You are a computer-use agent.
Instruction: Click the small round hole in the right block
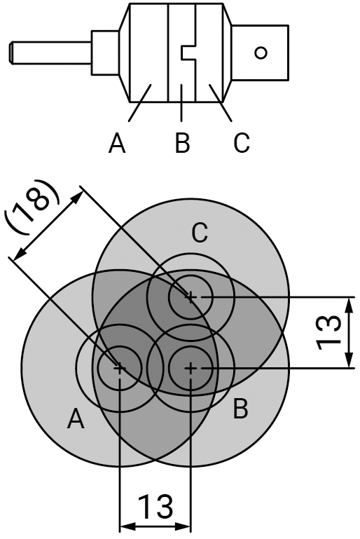(261, 53)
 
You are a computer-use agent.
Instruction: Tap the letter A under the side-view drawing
(117, 143)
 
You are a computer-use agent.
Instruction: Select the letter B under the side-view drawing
(182, 143)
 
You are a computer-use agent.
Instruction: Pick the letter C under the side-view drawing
(241, 143)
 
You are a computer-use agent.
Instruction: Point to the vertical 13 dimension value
(328, 333)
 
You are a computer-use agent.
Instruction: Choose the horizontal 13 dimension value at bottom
(155, 507)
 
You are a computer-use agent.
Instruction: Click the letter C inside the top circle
(200, 233)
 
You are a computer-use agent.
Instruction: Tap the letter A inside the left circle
(76, 419)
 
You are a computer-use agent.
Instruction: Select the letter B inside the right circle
(240, 409)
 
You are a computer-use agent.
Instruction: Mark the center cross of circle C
(191, 296)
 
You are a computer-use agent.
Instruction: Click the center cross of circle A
(119, 368)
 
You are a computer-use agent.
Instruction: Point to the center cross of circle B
(191, 368)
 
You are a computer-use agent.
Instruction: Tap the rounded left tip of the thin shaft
(11, 53)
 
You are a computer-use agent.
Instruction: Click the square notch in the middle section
(188, 53)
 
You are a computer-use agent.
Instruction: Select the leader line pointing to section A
(140, 102)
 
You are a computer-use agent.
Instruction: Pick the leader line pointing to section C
(220, 102)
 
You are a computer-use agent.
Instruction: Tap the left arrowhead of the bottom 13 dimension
(127, 526)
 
